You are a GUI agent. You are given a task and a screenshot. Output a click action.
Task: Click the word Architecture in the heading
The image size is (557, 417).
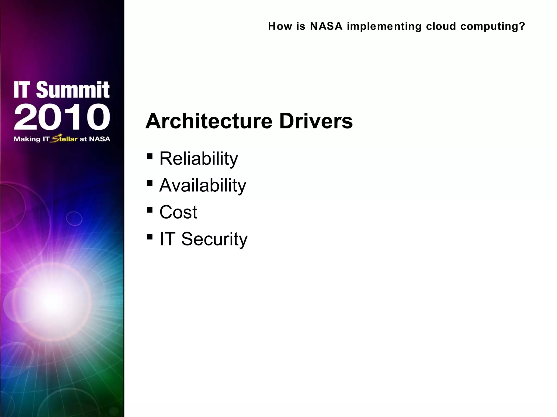(x=209, y=121)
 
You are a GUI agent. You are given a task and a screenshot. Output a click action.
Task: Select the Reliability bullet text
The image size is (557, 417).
(x=199, y=159)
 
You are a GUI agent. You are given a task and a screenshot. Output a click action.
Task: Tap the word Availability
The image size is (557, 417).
(x=203, y=185)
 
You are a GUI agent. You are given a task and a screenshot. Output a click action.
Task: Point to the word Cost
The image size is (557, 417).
(x=178, y=212)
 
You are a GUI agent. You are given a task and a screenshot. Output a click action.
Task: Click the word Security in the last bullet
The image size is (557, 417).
(x=214, y=239)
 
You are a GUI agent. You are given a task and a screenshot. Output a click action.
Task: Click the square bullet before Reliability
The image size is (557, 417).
(x=149, y=156)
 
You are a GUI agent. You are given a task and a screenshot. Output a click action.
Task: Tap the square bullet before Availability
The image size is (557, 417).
(x=149, y=183)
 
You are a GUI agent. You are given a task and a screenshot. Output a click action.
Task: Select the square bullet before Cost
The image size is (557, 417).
(x=149, y=210)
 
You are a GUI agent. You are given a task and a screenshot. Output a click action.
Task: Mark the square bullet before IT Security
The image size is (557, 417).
(x=149, y=237)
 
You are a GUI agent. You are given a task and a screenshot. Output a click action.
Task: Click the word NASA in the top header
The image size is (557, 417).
(x=326, y=26)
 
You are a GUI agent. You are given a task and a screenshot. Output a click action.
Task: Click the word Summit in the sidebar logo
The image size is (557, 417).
(x=73, y=90)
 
